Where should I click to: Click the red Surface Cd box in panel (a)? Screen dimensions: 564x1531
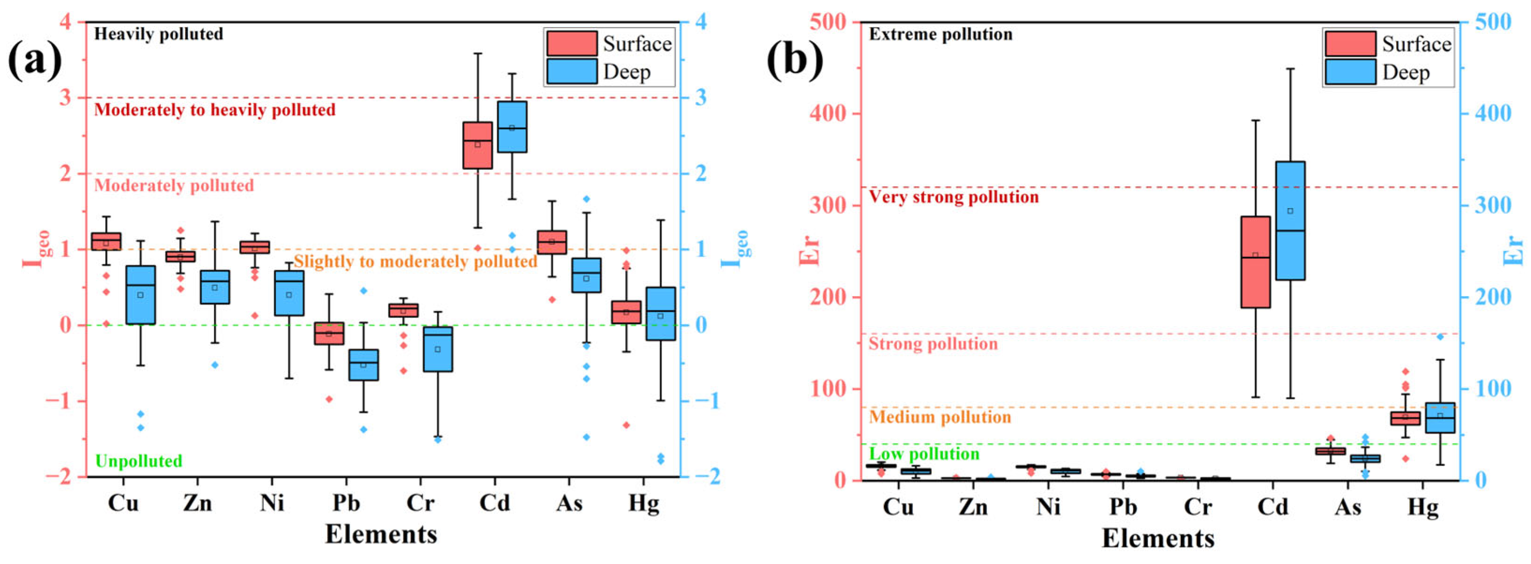[477, 145]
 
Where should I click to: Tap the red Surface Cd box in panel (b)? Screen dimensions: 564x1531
[1255, 262]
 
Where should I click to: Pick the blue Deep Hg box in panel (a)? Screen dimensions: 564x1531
[660, 313]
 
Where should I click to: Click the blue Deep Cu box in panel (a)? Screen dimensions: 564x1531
[140, 295]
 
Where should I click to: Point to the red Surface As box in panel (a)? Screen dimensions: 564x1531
[552, 242]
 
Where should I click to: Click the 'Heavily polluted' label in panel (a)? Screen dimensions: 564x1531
[159, 34]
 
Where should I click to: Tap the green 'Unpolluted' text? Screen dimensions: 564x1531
[139, 461]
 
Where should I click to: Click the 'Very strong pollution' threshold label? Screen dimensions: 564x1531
[953, 197]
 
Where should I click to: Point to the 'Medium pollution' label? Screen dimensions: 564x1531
[940, 416]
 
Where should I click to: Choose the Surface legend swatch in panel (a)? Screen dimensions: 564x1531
[572, 44]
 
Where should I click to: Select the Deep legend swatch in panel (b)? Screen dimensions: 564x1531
[1350, 72]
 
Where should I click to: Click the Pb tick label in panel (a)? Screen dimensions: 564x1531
[346, 503]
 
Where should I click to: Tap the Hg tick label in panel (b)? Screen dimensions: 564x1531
[1423, 506]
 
